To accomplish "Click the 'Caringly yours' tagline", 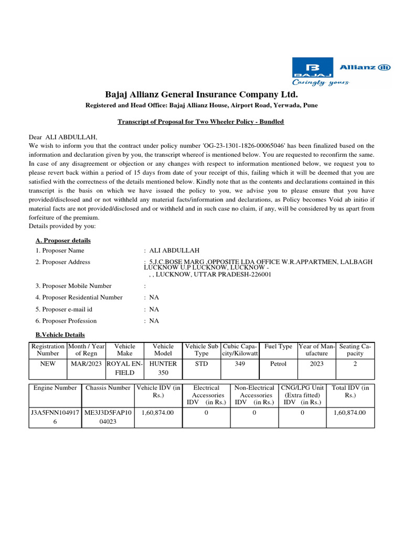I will (x=320, y=82).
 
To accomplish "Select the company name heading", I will (x=201, y=94).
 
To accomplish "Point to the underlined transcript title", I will (x=201, y=122).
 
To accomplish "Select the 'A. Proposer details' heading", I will (x=63, y=240).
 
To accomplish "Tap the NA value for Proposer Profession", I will (x=154, y=320).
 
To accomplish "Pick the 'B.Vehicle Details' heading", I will (x=60, y=335).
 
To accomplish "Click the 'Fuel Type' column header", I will (x=278, y=346).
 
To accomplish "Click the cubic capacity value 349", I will (x=240, y=363).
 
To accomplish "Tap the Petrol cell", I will (x=278, y=363).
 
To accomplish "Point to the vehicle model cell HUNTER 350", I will (x=163, y=368).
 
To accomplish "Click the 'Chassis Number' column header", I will (x=108, y=388).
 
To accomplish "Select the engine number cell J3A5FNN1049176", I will (x=55, y=417).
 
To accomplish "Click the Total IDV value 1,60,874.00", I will (x=350, y=413).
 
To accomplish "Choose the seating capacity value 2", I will (x=355, y=363).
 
